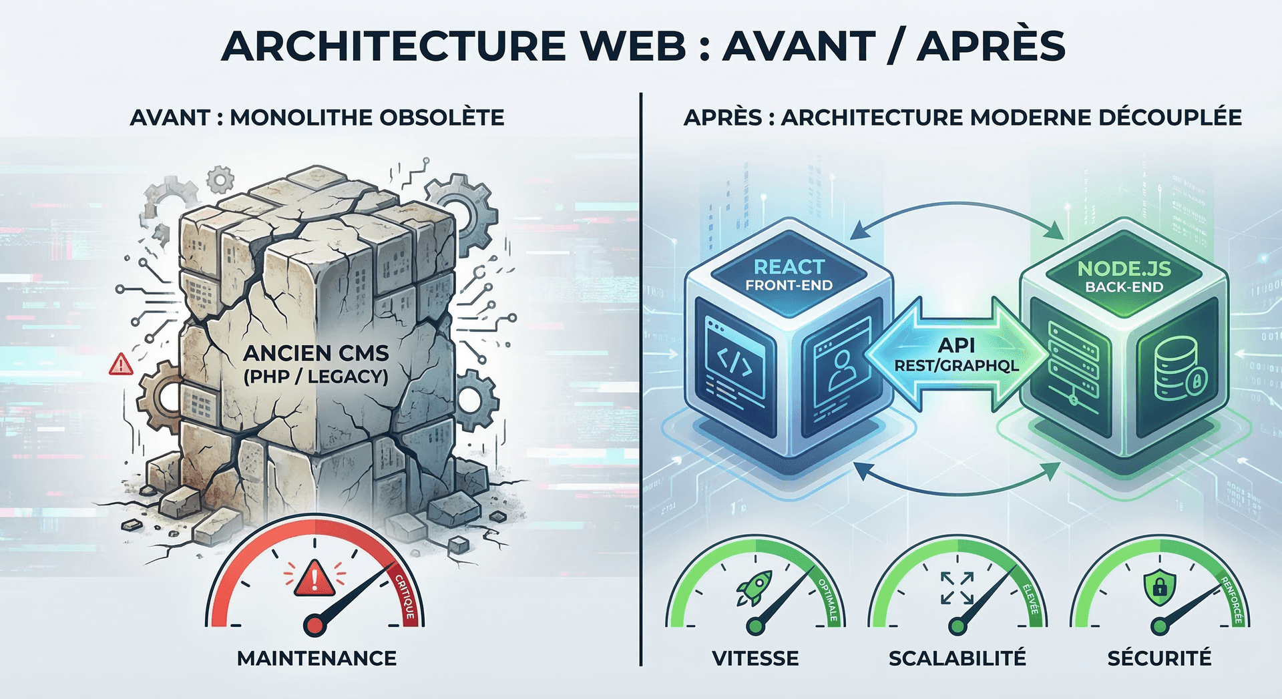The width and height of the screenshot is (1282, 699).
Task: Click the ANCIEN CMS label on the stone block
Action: pos(316,353)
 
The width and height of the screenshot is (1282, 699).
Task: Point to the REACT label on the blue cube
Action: pos(789,267)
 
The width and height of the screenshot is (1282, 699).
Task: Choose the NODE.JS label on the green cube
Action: pos(1124,268)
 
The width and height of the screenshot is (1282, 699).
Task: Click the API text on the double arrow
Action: pos(956,345)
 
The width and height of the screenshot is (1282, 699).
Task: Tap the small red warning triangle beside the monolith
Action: pos(121,365)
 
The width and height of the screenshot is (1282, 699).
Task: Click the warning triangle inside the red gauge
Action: pos(314,578)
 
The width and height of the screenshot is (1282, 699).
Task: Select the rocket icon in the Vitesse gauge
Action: pos(755,588)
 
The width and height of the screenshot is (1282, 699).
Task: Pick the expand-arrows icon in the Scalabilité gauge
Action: pos(957,588)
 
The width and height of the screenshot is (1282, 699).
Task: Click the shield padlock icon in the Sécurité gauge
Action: pos(1159,586)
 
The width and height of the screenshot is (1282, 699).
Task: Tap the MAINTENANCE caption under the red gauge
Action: pos(316,658)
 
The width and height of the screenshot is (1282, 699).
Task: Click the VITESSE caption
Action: pos(755,658)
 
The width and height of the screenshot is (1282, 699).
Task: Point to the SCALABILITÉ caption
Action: pos(957,658)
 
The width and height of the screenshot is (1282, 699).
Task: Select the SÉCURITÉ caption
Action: pos(1159,658)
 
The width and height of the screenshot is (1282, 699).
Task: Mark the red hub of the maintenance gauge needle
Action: pos(314,626)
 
